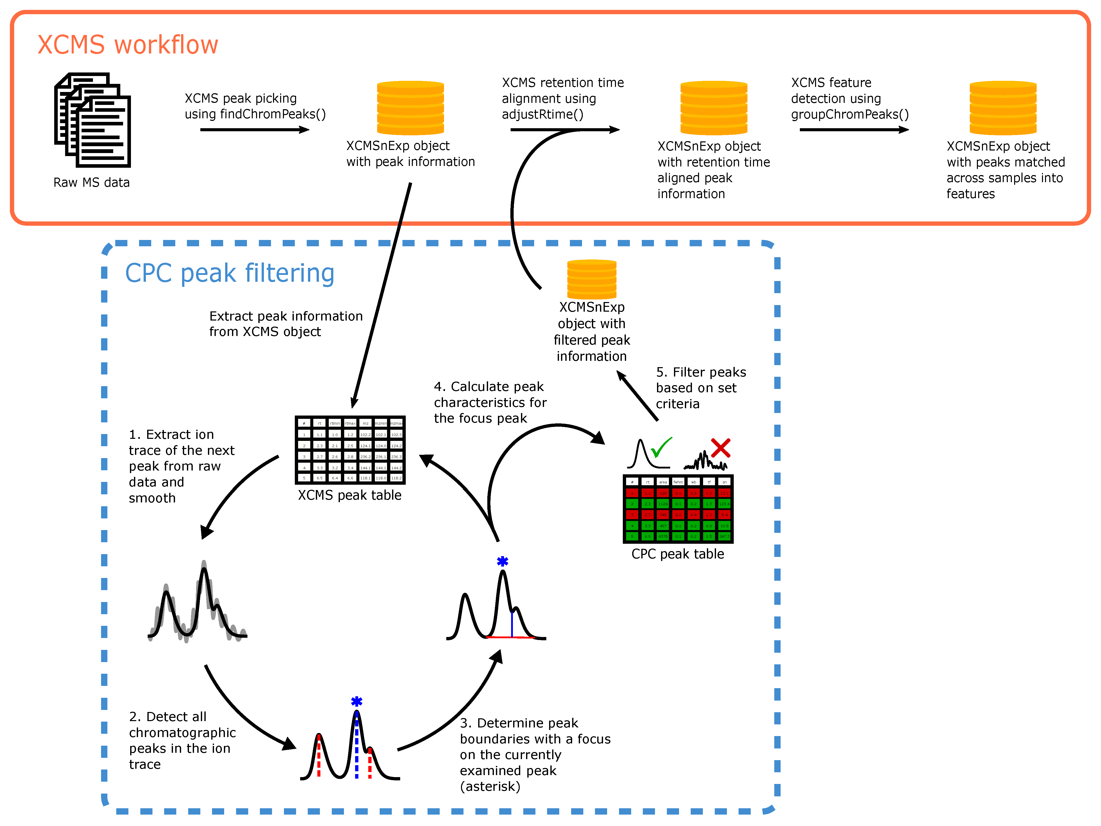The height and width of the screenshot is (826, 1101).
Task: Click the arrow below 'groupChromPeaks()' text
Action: coord(854,130)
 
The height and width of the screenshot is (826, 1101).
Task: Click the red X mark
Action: coord(720,448)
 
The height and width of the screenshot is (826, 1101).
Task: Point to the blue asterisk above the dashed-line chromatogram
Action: coord(356,702)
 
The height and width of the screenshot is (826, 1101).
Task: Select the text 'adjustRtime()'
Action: coord(542,115)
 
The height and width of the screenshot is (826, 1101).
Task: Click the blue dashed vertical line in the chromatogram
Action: coord(356,747)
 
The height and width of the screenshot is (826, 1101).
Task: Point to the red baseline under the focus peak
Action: coord(510,637)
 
